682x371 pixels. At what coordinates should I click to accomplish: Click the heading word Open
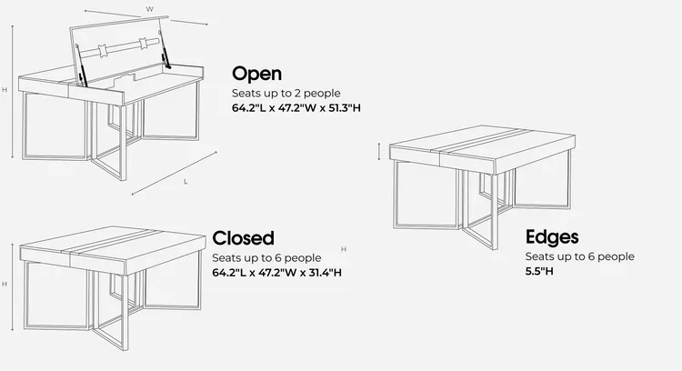[x=256, y=74]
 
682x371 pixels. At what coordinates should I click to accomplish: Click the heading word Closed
[x=243, y=238]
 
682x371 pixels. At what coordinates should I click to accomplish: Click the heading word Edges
[x=552, y=238]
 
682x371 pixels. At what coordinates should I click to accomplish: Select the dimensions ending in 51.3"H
[x=296, y=108]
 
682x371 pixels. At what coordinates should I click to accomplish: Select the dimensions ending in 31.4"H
[x=277, y=272]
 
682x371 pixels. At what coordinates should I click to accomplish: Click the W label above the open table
[x=150, y=9]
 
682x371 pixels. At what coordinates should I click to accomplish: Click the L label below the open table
[x=186, y=182]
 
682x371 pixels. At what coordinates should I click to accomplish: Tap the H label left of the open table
[x=5, y=90]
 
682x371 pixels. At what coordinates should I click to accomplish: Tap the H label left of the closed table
[x=5, y=284]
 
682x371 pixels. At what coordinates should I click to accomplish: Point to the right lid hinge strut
[x=169, y=56]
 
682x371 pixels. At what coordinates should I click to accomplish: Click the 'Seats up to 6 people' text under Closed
[x=266, y=257]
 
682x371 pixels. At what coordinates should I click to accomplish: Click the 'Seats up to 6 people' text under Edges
[x=580, y=257]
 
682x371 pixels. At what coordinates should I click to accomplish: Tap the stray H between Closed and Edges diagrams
[x=343, y=248]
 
